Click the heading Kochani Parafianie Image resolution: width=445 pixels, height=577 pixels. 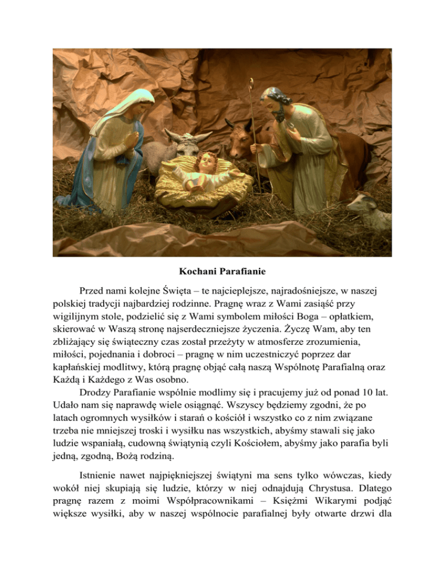click(x=222, y=271)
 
